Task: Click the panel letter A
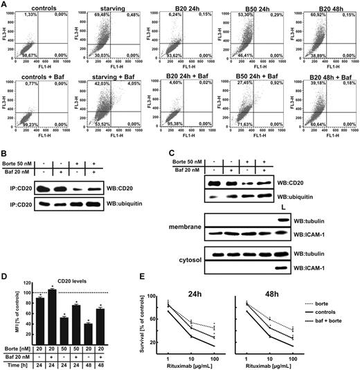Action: (x=5, y=6)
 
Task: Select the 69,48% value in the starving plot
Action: (x=91, y=15)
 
